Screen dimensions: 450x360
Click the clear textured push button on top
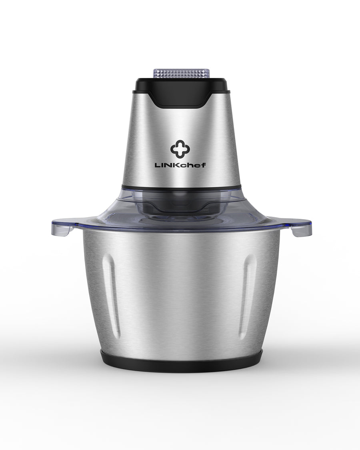181,73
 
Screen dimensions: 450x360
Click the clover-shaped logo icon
180,149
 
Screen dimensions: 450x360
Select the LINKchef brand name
180,165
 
